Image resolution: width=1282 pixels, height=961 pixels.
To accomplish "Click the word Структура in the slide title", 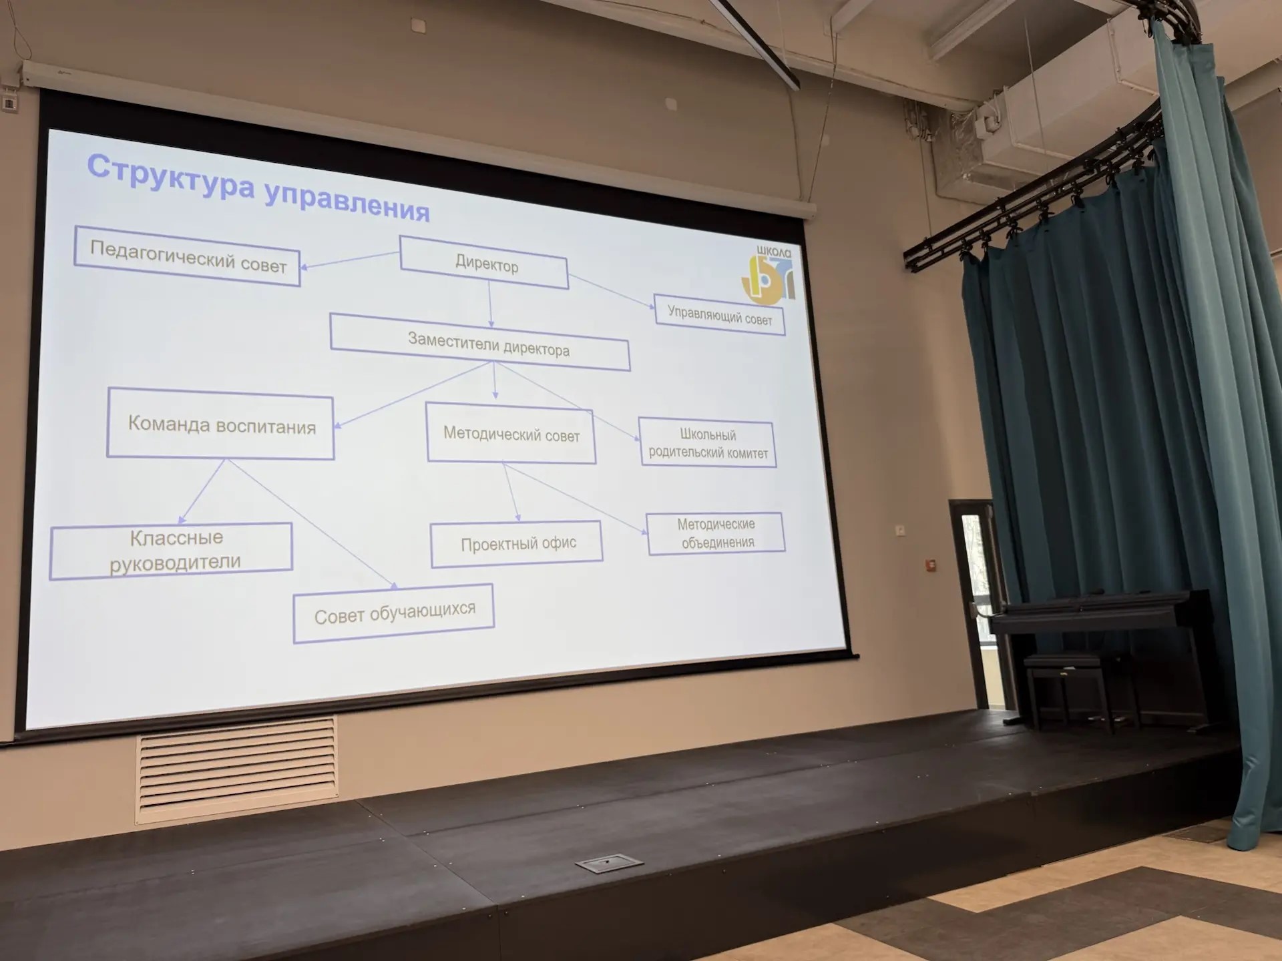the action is (171, 176).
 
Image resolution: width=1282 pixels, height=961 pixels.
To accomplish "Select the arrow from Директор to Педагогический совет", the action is (350, 260).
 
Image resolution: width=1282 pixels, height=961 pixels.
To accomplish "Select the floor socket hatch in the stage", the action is (609, 863).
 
